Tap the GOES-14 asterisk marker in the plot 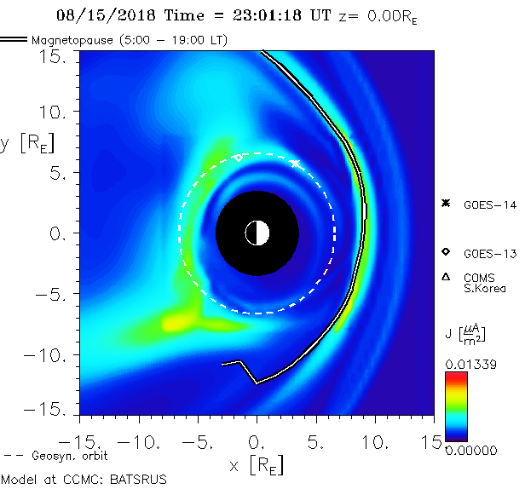click(296, 163)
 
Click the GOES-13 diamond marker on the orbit click(239, 158)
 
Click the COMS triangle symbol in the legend click(446, 277)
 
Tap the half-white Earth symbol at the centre click(257, 232)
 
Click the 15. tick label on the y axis click(57, 56)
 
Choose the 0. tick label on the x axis click(257, 442)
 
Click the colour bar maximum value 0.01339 click(470, 365)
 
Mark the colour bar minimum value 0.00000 click(470, 449)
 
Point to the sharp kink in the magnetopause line click(256, 383)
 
